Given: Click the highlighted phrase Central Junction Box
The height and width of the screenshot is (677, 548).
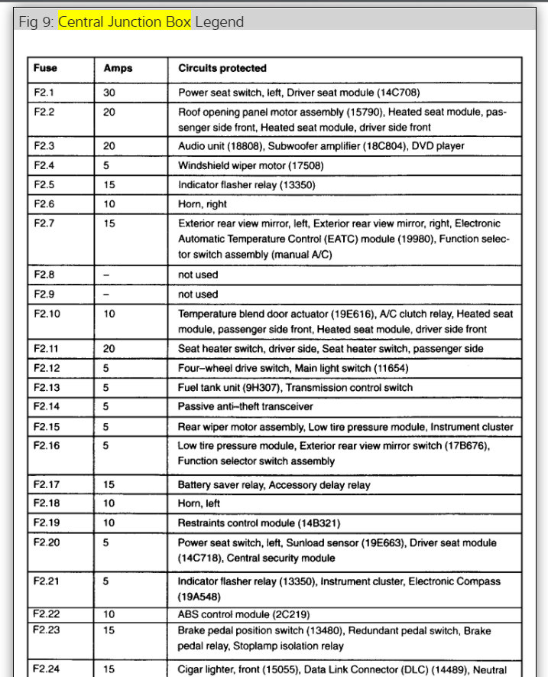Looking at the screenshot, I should click(x=125, y=21).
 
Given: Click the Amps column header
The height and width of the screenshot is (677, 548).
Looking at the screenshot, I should click(x=118, y=69).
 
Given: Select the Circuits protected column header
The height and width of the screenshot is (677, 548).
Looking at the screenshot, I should click(x=222, y=69).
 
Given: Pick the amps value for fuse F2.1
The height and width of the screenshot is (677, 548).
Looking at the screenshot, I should click(x=110, y=93).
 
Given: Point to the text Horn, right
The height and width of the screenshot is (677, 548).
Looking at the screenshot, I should click(x=203, y=204).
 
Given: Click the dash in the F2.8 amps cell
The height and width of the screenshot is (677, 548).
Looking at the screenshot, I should click(x=107, y=275).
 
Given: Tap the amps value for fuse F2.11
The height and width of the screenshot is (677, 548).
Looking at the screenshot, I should click(x=110, y=348).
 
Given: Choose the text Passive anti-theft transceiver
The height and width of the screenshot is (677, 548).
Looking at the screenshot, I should click(x=245, y=407).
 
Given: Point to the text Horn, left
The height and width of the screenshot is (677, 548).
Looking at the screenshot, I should click(x=199, y=504).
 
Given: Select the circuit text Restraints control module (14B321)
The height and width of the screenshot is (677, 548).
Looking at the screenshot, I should click(x=259, y=523).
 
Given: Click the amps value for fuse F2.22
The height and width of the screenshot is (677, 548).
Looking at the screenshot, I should click(x=109, y=614).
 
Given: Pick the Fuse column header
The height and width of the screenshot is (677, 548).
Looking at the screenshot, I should click(x=45, y=69).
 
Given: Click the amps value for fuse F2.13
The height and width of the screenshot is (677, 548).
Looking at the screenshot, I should click(x=107, y=387).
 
